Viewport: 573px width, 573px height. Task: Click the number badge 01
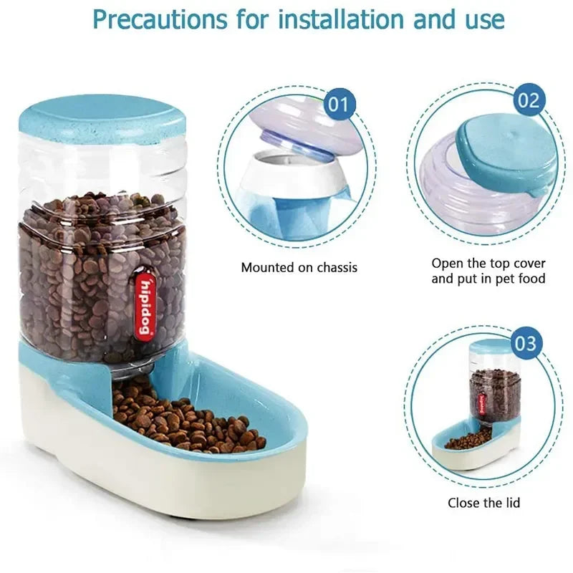[x=341, y=105]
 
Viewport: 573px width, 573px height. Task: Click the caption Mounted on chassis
[x=299, y=268]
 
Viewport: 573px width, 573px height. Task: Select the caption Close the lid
[x=484, y=503]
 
